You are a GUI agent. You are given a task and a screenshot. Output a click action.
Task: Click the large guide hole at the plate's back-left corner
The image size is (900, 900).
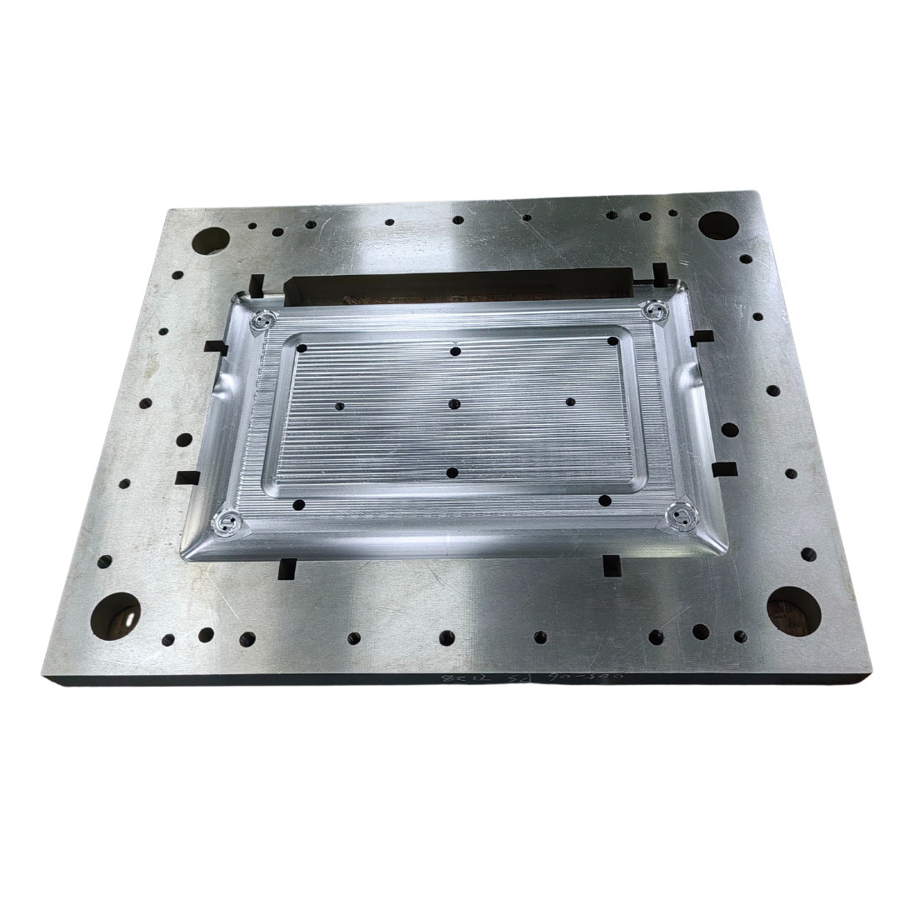coord(210,240)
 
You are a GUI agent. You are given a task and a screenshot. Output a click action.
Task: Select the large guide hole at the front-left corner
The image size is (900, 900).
coord(115,616)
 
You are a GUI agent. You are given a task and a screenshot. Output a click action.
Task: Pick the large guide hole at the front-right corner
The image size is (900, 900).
coord(793,611)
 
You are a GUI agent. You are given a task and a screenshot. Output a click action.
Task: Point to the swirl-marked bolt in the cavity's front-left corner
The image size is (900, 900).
coord(227,523)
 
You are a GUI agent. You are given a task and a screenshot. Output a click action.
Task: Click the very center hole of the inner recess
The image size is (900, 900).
coord(454,404)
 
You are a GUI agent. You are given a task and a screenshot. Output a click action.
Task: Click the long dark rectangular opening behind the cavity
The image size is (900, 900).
coord(458,285)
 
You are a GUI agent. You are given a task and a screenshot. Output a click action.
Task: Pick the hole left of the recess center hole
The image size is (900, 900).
coord(339,407)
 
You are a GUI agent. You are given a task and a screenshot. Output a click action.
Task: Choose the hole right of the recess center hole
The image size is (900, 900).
coord(570,402)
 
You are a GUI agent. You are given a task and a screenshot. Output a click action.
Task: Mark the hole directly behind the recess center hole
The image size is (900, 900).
coord(455,351)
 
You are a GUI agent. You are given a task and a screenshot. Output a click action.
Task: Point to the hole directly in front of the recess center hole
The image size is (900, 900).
coord(452,472)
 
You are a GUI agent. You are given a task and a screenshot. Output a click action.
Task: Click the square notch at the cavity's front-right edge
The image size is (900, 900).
coord(612,565)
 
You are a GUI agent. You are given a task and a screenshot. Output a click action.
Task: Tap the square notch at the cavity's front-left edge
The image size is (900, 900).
coord(287,568)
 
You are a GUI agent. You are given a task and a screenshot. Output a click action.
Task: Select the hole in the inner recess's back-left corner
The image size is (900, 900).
coord(301,347)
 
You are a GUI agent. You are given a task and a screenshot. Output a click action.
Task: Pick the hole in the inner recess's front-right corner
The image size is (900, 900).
coord(605,501)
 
